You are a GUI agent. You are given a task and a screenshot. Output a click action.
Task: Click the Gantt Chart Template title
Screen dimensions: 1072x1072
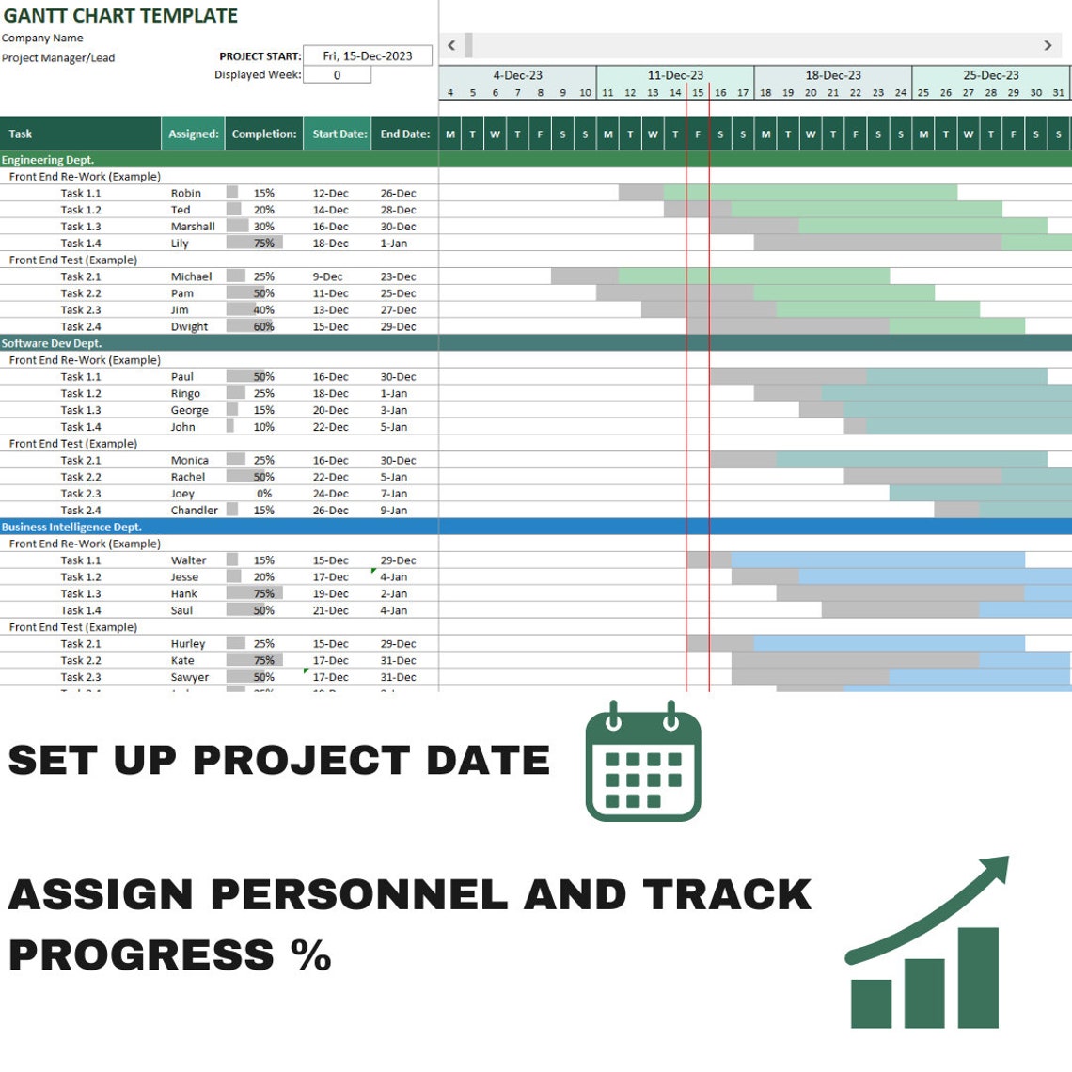coord(120,16)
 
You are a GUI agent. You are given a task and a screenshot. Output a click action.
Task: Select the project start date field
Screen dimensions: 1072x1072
coord(367,56)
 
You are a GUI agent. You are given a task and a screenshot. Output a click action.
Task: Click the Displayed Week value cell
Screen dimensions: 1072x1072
coord(337,75)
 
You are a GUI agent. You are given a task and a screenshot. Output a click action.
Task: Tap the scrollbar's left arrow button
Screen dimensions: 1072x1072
coord(451,45)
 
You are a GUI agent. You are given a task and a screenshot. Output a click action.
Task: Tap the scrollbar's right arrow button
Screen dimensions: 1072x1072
coord(1048,45)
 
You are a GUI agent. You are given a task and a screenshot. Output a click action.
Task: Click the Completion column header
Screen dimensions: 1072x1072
coord(264,134)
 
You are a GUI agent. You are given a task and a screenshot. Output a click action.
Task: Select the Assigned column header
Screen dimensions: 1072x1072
coord(193,134)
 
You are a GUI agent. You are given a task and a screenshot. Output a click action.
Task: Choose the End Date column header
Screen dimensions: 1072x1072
coord(404,134)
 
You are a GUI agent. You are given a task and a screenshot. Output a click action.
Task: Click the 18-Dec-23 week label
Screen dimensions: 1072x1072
coord(833,75)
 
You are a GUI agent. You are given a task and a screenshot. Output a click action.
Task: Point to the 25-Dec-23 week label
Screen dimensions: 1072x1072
coord(990,75)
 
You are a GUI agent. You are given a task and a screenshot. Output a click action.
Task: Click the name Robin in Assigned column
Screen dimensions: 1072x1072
coord(186,194)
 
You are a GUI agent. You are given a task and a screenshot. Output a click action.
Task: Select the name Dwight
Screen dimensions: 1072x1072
coord(189,327)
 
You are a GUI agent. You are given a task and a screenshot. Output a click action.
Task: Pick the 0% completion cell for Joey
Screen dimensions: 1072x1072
coord(264,494)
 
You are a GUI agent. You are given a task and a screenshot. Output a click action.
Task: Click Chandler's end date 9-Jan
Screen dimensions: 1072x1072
coord(394,511)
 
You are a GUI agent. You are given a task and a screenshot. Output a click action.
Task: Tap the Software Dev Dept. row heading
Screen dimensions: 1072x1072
coord(52,344)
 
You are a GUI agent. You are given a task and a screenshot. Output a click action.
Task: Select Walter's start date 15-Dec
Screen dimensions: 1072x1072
coord(330,560)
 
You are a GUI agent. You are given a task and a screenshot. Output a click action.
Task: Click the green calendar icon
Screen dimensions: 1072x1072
coord(643,762)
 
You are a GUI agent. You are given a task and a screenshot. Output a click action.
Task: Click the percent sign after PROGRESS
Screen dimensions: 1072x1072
coord(310,955)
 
